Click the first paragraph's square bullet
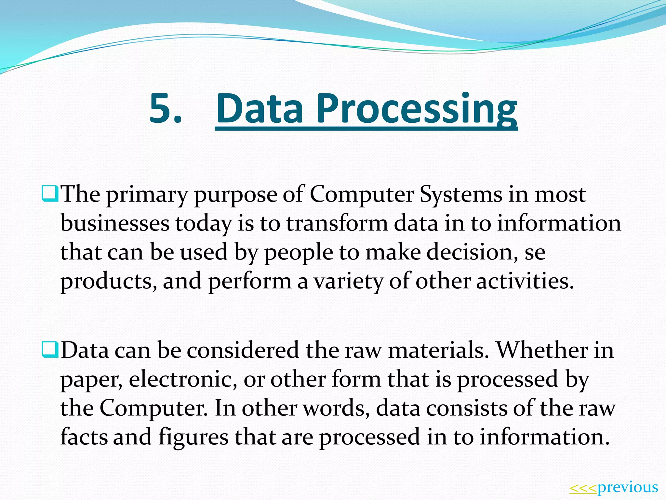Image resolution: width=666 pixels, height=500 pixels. click(50, 193)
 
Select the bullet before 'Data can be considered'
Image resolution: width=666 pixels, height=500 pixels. click(50, 350)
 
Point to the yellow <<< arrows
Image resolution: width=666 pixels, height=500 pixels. click(583, 488)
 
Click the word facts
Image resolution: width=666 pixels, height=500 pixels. click(84, 437)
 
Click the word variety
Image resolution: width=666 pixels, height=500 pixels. click(348, 281)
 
